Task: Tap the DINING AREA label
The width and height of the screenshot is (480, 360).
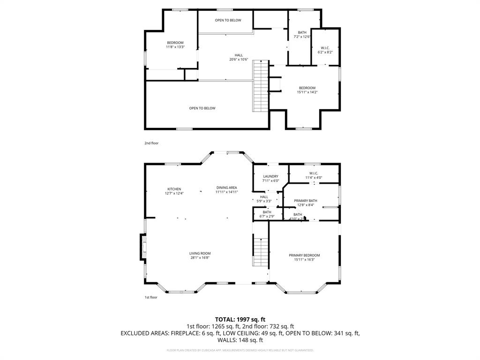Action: [x=226, y=190]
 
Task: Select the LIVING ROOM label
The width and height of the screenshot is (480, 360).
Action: [x=200, y=255]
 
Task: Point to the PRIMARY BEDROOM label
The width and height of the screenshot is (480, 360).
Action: [x=304, y=257]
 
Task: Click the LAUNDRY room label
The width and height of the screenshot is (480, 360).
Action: [x=270, y=179]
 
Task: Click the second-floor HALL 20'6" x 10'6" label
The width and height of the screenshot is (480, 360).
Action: [x=239, y=57]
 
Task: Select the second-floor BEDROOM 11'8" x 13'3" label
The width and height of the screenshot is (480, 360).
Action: [x=175, y=45]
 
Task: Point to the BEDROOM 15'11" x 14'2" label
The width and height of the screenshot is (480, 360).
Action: [x=307, y=90]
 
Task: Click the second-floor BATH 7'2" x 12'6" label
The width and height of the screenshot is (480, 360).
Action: [x=302, y=35]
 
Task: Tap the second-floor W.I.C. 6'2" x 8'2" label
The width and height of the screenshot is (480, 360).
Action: [x=325, y=50]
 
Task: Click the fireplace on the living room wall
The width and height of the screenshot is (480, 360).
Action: [x=142, y=247]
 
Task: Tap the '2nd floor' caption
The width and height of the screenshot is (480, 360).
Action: [x=151, y=143]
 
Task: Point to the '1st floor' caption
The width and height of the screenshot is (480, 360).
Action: [x=151, y=297]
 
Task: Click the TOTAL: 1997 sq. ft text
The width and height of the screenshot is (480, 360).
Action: [x=240, y=319]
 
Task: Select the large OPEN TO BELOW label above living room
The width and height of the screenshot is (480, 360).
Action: [x=202, y=108]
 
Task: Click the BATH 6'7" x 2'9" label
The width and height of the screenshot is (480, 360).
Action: [x=267, y=214]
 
